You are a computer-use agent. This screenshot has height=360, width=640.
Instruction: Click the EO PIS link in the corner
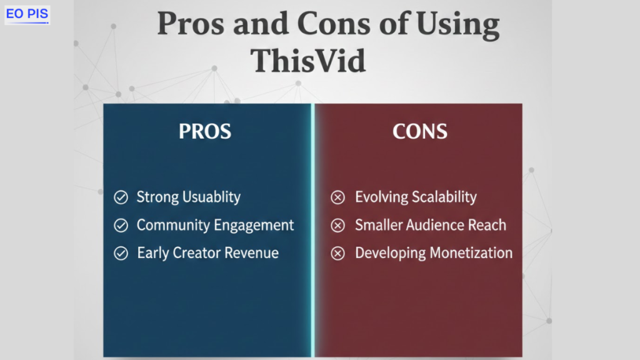click(x=27, y=14)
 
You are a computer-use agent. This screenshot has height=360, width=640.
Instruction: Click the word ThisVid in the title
click(x=307, y=61)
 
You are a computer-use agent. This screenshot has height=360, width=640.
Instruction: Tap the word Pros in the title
click(x=191, y=24)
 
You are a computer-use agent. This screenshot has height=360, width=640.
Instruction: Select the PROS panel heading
click(x=205, y=131)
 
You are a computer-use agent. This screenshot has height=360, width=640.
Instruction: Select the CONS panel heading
click(x=420, y=131)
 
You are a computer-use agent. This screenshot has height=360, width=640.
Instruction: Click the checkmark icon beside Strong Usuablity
click(x=121, y=197)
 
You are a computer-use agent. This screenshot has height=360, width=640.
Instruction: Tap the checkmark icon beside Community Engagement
click(x=121, y=225)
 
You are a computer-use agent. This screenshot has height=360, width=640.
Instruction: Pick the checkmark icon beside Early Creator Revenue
click(x=121, y=254)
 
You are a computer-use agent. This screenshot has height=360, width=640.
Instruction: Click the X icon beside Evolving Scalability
click(x=337, y=197)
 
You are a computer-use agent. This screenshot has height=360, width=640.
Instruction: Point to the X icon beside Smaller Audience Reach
click(x=337, y=225)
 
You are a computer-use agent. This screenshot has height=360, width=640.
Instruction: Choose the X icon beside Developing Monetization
click(x=337, y=254)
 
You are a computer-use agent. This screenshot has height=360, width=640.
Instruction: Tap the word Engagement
click(x=254, y=226)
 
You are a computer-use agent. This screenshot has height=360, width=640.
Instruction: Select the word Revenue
click(x=251, y=253)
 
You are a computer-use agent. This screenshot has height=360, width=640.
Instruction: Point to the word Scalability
click(x=444, y=197)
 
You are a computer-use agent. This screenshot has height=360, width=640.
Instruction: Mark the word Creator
click(x=197, y=253)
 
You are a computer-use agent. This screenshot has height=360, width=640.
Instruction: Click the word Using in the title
click(x=457, y=25)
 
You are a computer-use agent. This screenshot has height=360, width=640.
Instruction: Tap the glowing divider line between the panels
click(x=312, y=230)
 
